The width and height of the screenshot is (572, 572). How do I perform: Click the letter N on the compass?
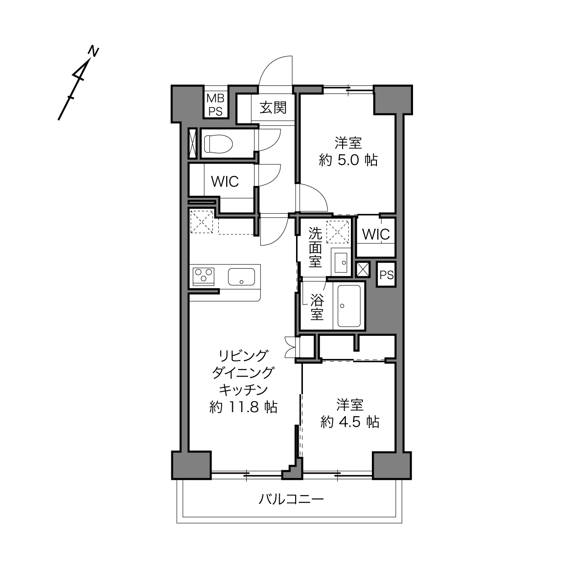click(94, 51)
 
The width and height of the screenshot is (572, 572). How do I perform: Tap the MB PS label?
click(216, 105)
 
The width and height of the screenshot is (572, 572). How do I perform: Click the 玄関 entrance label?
click(273, 107)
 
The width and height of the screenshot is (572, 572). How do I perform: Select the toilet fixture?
click(218, 144)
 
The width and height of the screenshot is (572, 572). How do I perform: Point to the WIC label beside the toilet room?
click(225, 181)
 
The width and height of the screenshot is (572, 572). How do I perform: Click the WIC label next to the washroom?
click(376, 234)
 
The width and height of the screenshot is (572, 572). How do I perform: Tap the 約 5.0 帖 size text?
click(348, 160)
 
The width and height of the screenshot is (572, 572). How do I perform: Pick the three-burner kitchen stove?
click(203, 276)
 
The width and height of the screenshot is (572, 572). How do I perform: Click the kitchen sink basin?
click(241, 277)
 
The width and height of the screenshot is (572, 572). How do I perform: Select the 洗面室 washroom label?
click(315, 247)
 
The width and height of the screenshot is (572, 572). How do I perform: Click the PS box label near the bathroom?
click(387, 275)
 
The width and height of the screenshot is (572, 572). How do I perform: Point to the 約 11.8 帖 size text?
click(244, 407)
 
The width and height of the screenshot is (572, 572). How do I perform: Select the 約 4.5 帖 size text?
click(350, 422)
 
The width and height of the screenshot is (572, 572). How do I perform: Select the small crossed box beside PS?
click(363, 270)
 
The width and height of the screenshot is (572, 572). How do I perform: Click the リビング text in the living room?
click(244, 355)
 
